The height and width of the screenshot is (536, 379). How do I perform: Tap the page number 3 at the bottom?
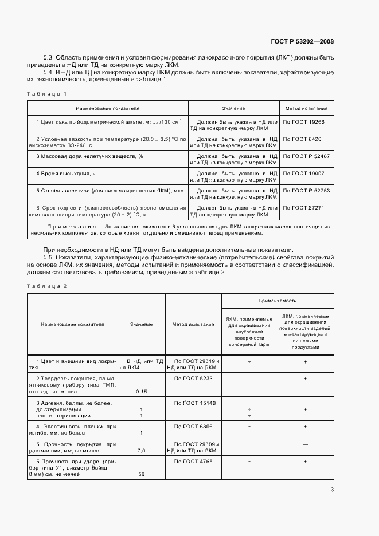[x=332, y=490]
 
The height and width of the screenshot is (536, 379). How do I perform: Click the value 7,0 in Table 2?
[x=141, y=451]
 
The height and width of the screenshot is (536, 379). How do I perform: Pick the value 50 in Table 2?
[x=141, y=474]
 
